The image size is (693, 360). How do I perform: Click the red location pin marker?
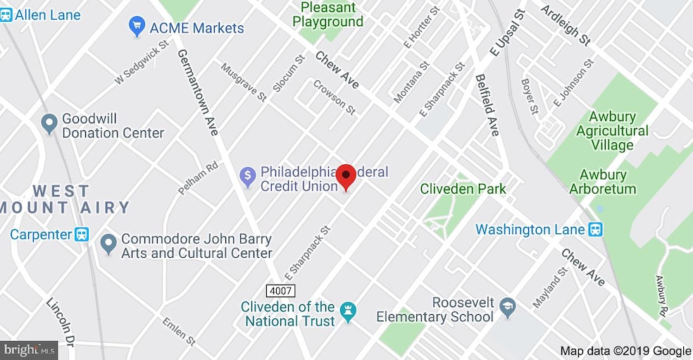click(x=346, y=176)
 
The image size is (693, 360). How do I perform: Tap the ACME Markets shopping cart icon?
click(x=137, y=28)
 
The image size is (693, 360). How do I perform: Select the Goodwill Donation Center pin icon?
click(x=49, y=125)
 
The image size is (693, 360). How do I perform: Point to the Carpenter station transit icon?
click(x=82, y=234)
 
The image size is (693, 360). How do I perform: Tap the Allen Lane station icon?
click(x=6, y=15)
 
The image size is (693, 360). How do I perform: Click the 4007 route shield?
click(x=280, y=290)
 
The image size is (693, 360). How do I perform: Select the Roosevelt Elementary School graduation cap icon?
click(x=507, y=307)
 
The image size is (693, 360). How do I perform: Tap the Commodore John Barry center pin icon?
click(x=108, y=244)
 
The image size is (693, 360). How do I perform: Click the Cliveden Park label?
click(x=463, y=189)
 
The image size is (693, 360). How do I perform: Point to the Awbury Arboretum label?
click(x=607, y=182)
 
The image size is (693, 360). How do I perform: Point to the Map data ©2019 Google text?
click(x=625, y=351)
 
